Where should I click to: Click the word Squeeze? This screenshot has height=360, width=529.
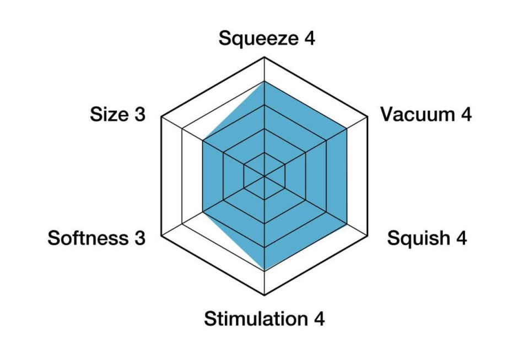[x=257, y=39]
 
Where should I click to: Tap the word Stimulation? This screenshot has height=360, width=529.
[x=255, y=319]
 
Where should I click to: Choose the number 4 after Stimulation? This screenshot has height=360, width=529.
[x=319, y=319]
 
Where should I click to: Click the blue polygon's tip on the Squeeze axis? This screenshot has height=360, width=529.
[x=265, y=82]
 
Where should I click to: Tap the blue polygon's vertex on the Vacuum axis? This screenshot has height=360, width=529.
[x=347, y=129]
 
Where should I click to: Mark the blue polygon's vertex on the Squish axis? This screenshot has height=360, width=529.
[x=347, y=224]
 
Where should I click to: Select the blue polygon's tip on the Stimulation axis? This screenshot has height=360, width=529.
[x=265, y=271]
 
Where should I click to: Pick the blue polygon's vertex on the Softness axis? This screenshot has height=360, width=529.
[x=203, y=212]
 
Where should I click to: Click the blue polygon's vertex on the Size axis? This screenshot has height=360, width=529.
[x=203, y=141]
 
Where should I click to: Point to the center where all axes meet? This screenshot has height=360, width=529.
[x=265, y=176]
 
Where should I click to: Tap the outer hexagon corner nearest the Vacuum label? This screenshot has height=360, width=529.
[x=368, y=117]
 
